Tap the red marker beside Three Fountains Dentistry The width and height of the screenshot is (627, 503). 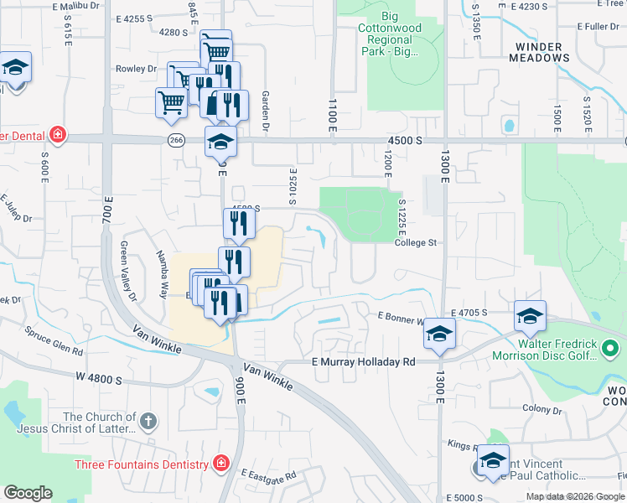[x=220, y=464]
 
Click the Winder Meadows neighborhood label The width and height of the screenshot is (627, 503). [x=541, y=52]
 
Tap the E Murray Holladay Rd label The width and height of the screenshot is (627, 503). [x=363, y=362]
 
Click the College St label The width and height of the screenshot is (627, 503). [x=417, y=243]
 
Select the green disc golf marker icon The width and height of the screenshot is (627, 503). [x=610, y=346]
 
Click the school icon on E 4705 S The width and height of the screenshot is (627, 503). [x=530, y=317]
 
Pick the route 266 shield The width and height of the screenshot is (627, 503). [x=175, y=140]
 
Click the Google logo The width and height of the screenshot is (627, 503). [x=28, y=493]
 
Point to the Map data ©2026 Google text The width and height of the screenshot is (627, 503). [x=576, y=496]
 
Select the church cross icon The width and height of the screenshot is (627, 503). [x=148, y=421]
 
